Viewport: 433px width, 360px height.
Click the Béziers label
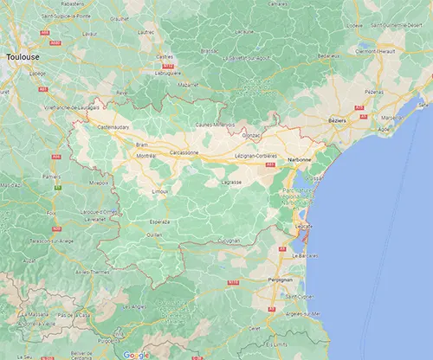click(337, 121)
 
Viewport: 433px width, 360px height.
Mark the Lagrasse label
click(231, 183)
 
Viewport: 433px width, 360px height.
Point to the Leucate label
click(303, 225)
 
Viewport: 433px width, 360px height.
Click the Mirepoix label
click(99, 183)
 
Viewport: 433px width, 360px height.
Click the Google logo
click(135, 354)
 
